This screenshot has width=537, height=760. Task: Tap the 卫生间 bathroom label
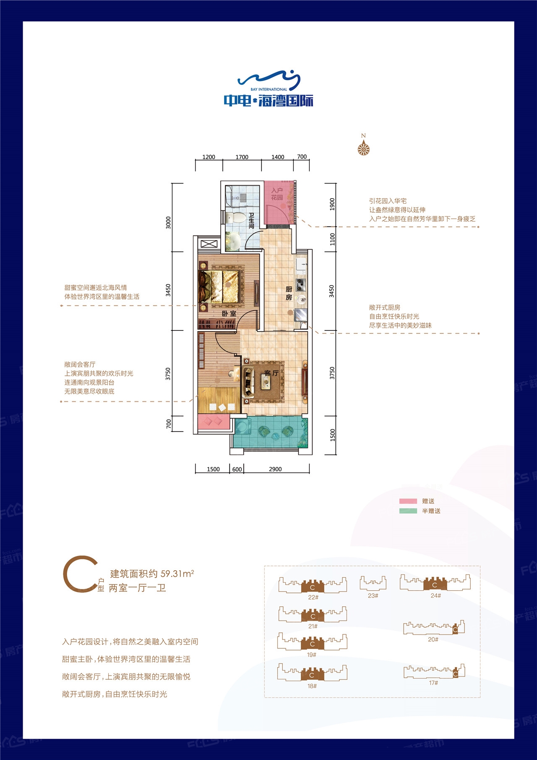click(251, 220)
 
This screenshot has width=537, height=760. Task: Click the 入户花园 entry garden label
click(277, 194)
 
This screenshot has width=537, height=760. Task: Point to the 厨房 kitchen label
click(289, 293)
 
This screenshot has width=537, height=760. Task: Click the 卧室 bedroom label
click(229, 314)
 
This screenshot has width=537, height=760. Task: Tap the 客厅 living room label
click(271, 373)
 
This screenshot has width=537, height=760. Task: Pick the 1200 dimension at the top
click(209, 157)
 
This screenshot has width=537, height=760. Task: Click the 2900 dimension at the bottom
click(275, 469)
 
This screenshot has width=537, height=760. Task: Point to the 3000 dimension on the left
click(169, 223)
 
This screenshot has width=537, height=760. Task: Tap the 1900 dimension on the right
click(332, 204)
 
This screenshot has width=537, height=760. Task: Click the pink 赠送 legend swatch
click(408, 501)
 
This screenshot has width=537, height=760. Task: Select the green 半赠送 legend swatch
click(408, 511)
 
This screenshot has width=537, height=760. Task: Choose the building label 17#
click(433, 683)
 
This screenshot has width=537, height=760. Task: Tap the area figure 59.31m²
click(177, 573)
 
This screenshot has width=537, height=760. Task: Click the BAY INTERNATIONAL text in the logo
click(268, 89)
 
